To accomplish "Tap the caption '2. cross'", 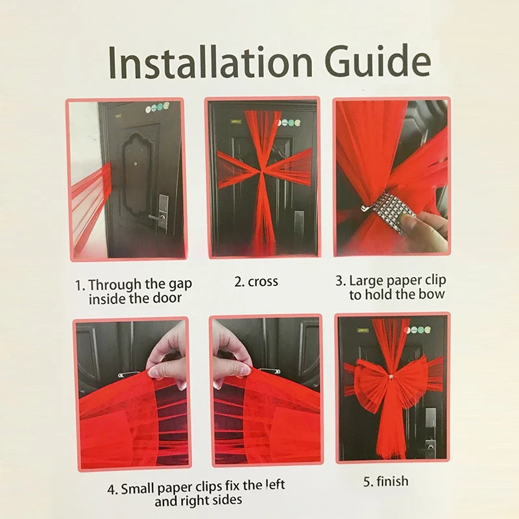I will coord(256,282).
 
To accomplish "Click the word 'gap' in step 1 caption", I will coord(178,285).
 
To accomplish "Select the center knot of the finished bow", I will coord(392,377).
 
